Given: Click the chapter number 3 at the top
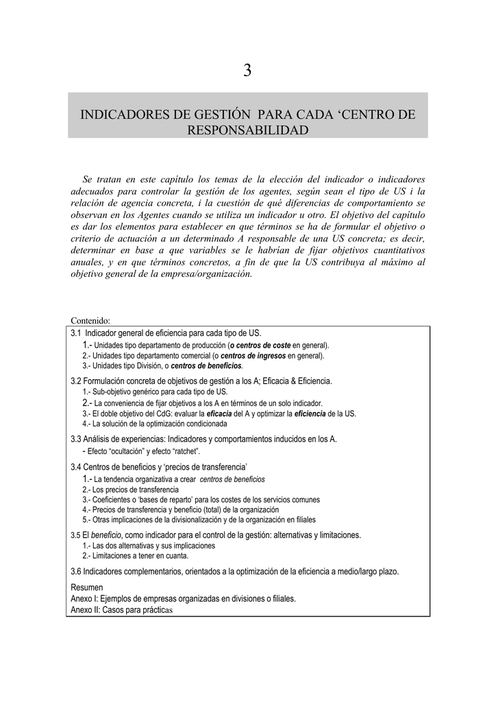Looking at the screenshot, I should [x=247, y=71].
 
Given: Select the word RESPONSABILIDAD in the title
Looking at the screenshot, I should [x=247, y=130].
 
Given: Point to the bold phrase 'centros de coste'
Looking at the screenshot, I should [x=260, y=346].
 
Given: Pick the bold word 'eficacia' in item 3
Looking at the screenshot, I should [x=219, y=414].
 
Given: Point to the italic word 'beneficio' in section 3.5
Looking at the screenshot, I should [x=106, y=535].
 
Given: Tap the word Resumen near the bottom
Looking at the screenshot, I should [x=87, y=588].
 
